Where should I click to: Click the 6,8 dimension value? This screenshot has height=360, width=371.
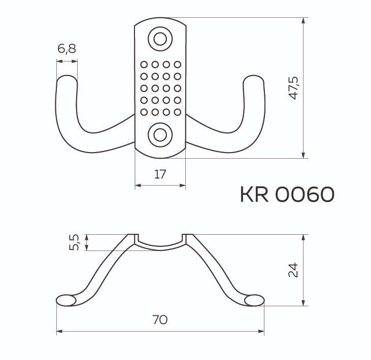(66, 49)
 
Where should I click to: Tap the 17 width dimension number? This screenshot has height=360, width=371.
(160, 175)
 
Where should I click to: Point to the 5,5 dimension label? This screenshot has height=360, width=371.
(74, 242)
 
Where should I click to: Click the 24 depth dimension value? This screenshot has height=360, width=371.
(292, 270)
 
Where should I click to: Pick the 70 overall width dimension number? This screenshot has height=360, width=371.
(160, 320)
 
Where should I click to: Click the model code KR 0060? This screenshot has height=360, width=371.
(287, 194)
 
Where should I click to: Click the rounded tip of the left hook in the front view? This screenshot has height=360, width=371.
(66, 80)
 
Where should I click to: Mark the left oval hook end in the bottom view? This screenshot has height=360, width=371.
(66, 300)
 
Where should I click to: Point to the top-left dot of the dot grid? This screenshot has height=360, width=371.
(144, 64)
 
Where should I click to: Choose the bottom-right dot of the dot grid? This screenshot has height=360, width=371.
(177, 112)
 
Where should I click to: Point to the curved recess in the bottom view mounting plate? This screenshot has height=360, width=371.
(160, 245)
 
